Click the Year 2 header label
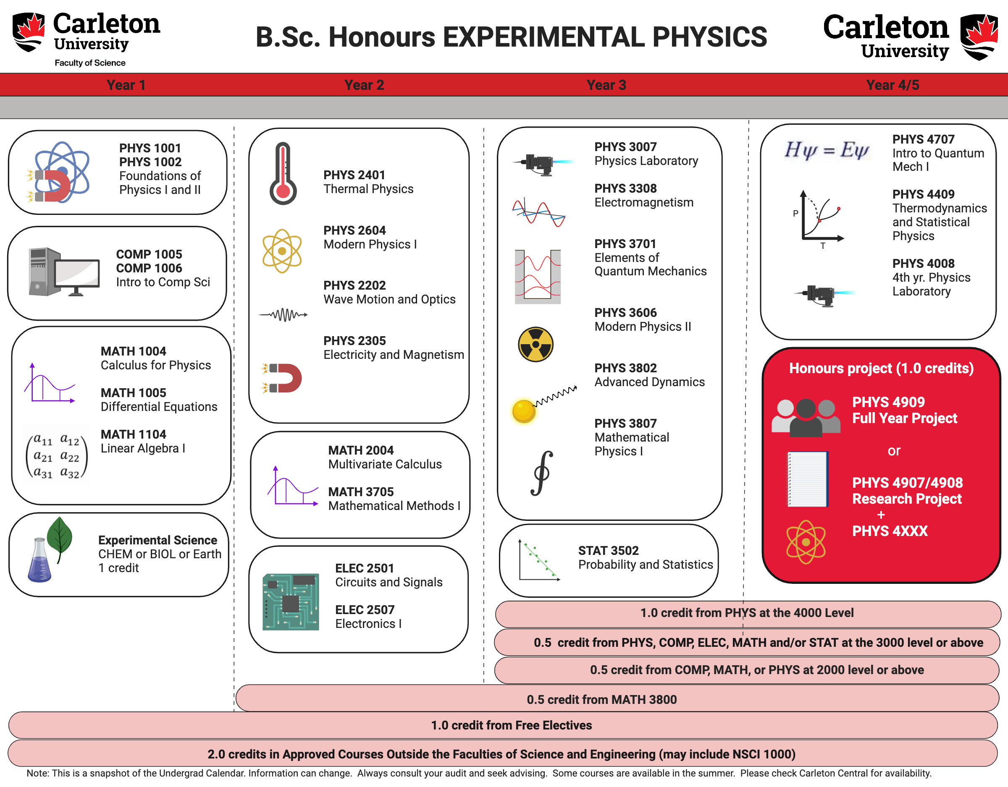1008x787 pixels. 364,85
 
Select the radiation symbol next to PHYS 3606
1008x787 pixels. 535,344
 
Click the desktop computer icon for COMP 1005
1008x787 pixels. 64,272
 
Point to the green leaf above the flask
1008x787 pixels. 60,536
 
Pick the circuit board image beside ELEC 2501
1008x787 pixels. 291,601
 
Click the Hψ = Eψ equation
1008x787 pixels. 827,149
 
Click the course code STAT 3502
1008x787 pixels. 608,550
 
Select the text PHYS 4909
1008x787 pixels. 888,402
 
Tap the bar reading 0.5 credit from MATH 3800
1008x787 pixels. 601,699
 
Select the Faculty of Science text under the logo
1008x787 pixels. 90,63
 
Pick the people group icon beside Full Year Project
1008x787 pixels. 806,417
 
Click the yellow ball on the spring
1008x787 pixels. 523,410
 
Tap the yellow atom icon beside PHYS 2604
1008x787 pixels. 282,251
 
